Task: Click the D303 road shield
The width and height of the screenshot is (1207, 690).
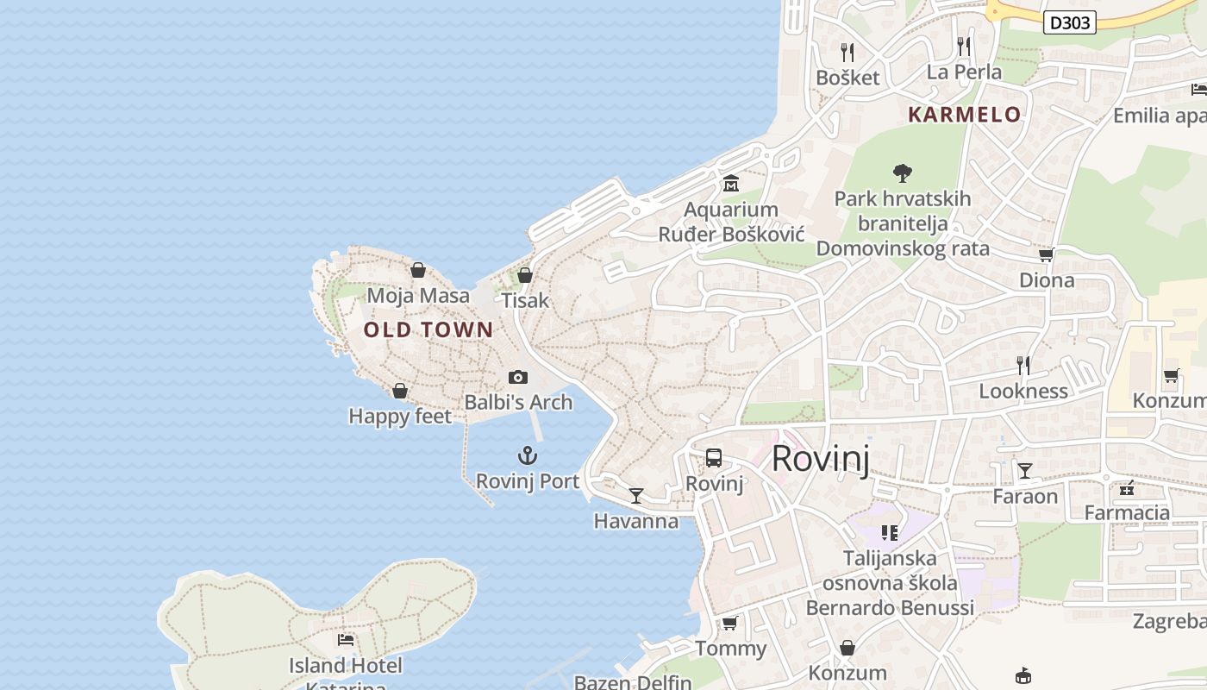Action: (1069, 22)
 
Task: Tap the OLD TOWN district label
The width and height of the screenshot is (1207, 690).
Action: (428, 329)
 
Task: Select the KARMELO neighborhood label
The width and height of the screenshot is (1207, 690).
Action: (964, 114)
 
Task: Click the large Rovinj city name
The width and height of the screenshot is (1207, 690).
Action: (820, 459)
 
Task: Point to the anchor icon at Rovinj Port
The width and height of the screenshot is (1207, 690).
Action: (527, 455)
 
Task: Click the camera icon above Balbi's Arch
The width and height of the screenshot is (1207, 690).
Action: (518, 377)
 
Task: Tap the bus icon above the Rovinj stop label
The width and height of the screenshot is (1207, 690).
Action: (714, 458)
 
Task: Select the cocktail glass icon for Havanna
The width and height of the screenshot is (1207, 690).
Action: (636, 495)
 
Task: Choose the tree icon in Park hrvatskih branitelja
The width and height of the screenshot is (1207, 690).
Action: (903, 172)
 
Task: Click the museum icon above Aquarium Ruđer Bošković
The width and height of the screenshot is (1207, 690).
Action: (731, 183)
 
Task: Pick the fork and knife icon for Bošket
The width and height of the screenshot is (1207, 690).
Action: (847, 52)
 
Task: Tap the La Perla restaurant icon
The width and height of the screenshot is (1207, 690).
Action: (964, 46)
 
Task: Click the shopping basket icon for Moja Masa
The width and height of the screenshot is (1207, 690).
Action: (418, 270)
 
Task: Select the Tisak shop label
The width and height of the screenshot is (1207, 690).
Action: (525, 300)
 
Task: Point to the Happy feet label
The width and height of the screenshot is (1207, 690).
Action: (400, 417)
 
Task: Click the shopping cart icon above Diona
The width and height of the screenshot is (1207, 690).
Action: (1047, 254)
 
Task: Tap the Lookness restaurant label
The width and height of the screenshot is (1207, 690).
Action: (1023, 391)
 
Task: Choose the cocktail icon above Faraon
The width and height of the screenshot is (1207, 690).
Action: (1025, 470)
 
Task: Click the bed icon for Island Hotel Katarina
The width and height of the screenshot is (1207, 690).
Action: (346, 640)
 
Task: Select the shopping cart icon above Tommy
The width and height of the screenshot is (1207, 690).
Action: (730, 623)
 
